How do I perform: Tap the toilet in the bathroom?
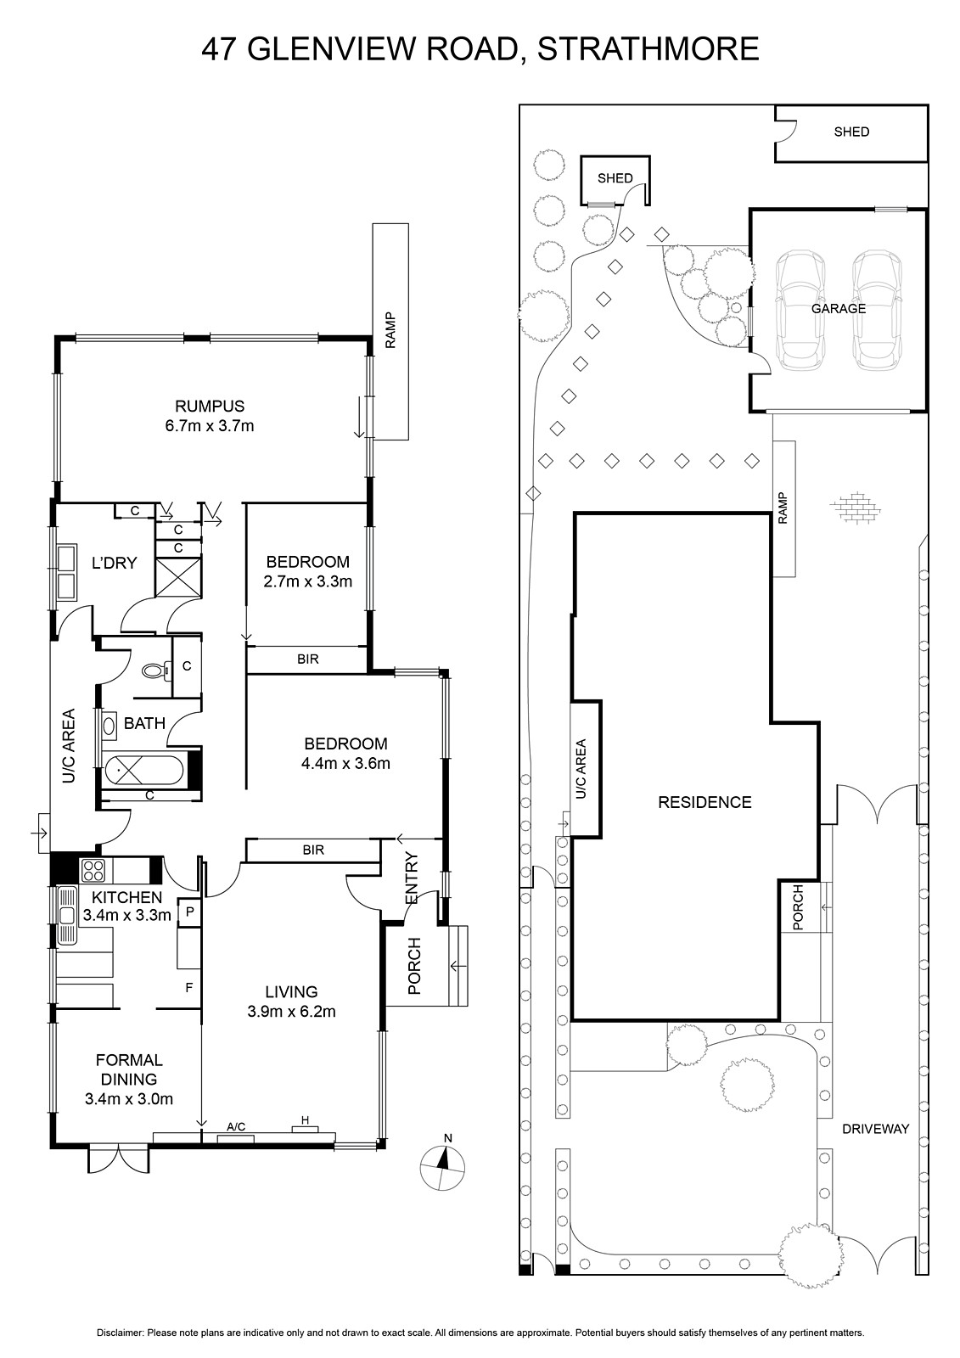(154, 671)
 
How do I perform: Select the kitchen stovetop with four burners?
(93, 871)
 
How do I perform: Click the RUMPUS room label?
(210, 406)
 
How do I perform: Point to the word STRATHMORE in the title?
(648, 49)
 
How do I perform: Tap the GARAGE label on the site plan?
(839, 309)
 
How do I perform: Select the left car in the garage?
(801, 311)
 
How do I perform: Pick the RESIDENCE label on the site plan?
(705, 802)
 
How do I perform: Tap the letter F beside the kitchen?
(189, 988)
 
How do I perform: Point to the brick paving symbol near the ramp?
(855, 506)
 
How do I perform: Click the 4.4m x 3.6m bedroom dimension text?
(345, 763)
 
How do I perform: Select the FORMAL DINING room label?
(129, 1069)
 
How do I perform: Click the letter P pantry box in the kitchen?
(190, 910)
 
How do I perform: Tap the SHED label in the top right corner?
(851, 132)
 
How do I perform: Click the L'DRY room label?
(114, 563)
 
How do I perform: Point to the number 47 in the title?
(219, 49)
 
